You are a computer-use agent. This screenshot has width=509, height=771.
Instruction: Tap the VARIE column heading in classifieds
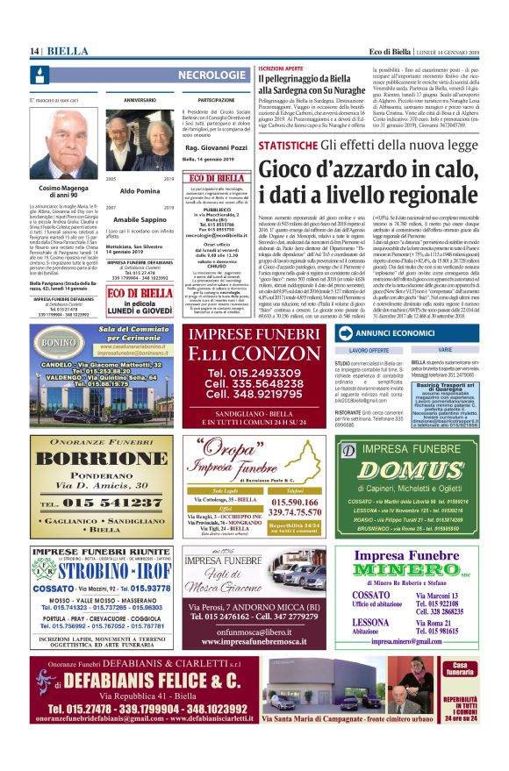click(445, 350)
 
